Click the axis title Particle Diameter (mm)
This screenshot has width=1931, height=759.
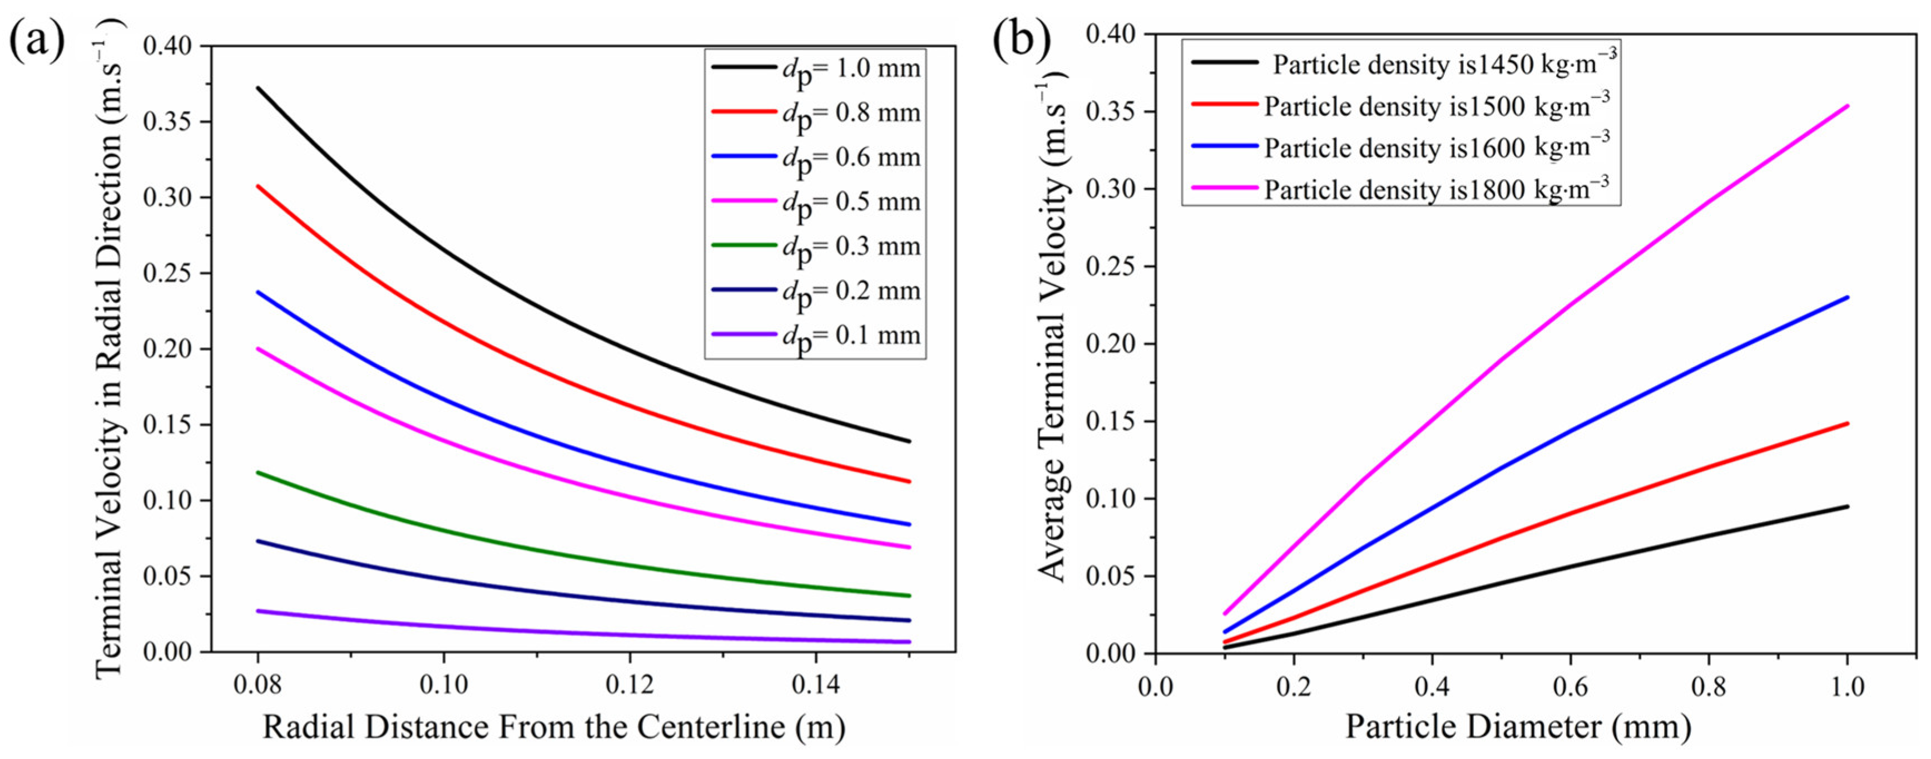1518,726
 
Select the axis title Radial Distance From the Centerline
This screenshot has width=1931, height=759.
554,726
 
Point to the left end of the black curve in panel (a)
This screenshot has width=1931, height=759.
258,88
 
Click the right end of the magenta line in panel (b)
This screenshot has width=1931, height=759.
1847,106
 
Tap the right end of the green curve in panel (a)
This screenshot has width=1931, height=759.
909,595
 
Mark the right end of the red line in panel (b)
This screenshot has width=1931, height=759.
1847,423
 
